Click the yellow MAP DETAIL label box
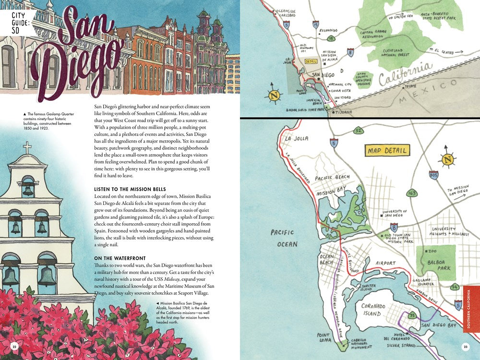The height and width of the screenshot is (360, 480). pyautogui.click(x=387, y=151)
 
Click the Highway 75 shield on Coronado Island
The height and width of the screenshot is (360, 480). pyautogui.click(x=412, y=315)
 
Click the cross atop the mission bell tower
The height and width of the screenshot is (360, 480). pyautogui.click(x=27, y=147)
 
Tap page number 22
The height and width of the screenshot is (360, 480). pyautogui.click(x=14, y=347)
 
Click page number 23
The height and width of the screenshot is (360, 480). pyautogui.click(x=465, y=347)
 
